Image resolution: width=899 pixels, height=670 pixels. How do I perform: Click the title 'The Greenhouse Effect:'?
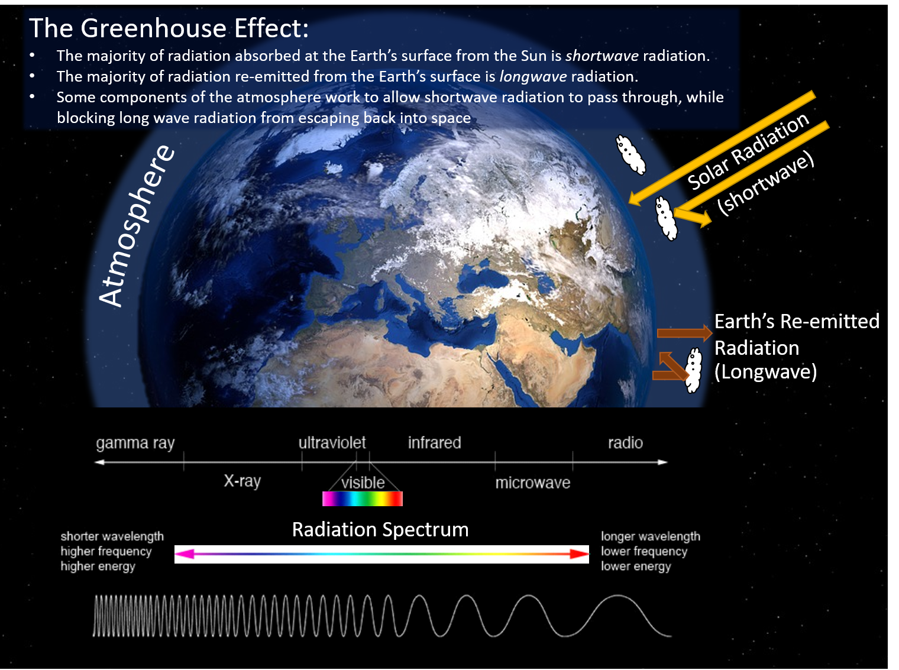tap(169, 28)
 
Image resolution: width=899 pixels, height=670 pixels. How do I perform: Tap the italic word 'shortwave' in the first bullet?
tap(602, 56)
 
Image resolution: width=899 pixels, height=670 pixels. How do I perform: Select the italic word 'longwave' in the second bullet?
tap(533, 77)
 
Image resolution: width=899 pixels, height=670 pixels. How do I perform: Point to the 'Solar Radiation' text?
tap(748, 151)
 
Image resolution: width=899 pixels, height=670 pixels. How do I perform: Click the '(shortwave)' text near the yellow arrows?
tap(766, 183)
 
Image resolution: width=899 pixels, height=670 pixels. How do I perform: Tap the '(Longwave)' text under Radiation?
tap(765, 372)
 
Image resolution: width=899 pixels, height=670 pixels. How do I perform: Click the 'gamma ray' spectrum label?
tap(135, 444)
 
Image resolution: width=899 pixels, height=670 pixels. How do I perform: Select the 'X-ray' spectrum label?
tap(242, 481)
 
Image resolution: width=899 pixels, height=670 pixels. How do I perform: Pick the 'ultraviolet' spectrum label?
tap(332, 443)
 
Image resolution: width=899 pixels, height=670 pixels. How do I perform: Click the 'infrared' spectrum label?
tap(435, 443)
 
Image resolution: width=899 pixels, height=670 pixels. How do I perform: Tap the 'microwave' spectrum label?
tap(533, 483)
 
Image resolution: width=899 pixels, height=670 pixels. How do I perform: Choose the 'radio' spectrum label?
tap(625, 443)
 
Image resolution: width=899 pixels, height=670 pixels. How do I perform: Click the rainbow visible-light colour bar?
tap(363, 499)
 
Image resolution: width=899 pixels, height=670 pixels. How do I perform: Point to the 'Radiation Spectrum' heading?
tap(380, 529)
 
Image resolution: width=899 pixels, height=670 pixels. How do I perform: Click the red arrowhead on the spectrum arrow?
tap(579, 554)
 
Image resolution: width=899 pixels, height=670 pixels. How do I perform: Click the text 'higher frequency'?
tap(106, 551)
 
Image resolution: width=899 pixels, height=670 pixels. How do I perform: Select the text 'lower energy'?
tap(636, 567)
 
